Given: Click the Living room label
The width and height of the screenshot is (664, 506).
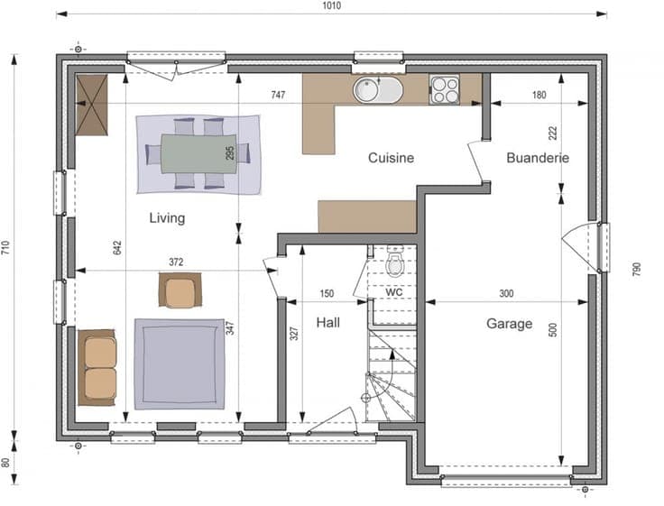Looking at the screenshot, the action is coord(167,218).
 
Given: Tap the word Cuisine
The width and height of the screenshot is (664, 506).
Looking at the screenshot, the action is coord(391,158).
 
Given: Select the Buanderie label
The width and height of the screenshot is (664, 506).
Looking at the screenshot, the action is coord(538,158).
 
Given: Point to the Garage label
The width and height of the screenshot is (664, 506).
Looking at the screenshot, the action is coord(510,324).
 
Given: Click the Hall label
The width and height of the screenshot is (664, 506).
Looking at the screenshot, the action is coord(328,323).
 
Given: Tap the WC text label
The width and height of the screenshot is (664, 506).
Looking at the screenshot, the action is coord(394,291).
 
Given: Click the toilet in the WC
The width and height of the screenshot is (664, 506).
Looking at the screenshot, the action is coord(395,261).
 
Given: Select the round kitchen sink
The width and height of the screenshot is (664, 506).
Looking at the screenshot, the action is coord(367,90).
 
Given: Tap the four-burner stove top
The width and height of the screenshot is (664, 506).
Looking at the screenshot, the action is coord(444,90).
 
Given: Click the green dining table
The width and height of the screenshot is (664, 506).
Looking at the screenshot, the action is coord(198,153).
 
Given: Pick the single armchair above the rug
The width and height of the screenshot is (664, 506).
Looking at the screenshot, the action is coord(180,290).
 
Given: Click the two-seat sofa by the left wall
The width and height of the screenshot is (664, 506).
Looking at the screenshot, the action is coord(97,367).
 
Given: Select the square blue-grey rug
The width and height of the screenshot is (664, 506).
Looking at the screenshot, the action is coord(180,364).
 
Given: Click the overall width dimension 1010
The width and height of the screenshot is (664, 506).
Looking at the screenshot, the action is coord(332,5).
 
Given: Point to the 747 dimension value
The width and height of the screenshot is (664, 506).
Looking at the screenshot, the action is coord(278,95).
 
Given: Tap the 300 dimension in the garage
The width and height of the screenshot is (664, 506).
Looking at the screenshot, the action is coord(506,293).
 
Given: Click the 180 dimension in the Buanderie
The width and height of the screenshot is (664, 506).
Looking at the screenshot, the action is coord(539,95).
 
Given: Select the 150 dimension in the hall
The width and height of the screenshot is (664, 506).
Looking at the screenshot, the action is coord(327,293).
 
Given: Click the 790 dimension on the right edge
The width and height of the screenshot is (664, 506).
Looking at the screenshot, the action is coord(636,270).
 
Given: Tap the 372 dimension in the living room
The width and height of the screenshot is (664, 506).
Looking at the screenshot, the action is coord(176,262).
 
